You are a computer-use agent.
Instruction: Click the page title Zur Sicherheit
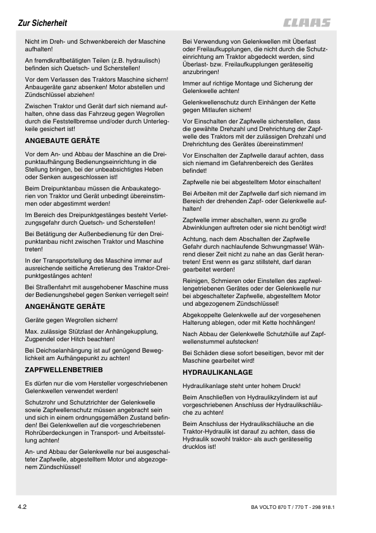[x=42, y=24]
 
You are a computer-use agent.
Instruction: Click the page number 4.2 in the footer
[x=23, y=506]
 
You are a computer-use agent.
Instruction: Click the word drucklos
[x=196, y=446]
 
